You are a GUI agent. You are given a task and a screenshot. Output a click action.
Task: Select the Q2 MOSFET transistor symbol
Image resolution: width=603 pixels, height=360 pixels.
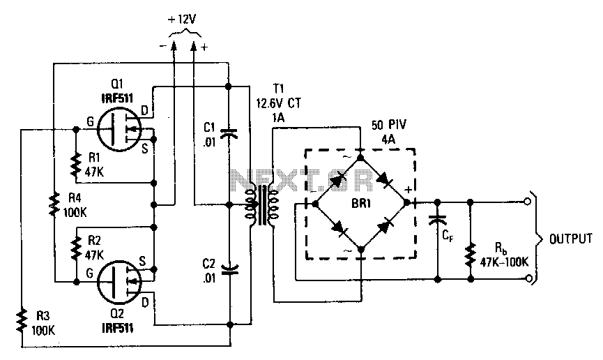pyautogui.click(x=119, y=283)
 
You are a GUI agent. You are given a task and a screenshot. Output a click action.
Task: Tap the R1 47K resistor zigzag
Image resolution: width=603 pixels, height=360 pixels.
pyautogui.click(x=76, y=163)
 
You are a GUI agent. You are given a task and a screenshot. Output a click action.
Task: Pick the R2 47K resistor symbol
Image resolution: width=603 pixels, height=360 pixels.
pyautogui.click(x=77, y=248)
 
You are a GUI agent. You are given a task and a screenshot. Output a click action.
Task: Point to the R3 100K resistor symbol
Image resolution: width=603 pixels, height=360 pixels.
pyautogui.click(x=22, y=320)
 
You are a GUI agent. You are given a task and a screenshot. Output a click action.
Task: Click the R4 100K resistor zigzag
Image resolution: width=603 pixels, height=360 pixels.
pyautogui.click(x=54, y=204)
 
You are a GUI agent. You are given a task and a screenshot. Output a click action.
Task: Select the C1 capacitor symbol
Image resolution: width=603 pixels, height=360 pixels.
pyautogui.click(x=229, y=133)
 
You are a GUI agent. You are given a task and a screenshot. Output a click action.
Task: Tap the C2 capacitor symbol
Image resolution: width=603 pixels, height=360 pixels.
pyautogui.click(x=229, y=269)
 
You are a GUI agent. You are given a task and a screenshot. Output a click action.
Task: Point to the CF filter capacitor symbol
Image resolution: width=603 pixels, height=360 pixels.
pyautogui.click(x=437, y=219)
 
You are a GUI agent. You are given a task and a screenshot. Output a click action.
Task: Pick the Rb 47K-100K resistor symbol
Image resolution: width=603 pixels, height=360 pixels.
pyautogui.click(x=470, y=255)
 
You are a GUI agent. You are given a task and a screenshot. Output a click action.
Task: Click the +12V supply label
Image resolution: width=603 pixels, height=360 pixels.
pyautogui.click(x=181, y=20)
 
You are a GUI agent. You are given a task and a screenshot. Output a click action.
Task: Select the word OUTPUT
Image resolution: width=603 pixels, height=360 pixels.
pyautogui.click(x=571, y=239)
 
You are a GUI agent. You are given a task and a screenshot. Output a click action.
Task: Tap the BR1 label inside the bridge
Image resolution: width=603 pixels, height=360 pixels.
pyautogui.click(x=361, y=204)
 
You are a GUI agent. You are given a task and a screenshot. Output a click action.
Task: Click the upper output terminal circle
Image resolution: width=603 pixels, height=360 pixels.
pyautogui.click(x=528, y=202)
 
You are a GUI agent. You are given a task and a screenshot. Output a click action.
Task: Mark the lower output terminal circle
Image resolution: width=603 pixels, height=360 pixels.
pyautogui.click(x=528, y=278)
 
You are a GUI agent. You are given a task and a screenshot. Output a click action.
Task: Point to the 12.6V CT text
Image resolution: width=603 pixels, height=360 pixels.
pyautogui.click(x=279, y=103)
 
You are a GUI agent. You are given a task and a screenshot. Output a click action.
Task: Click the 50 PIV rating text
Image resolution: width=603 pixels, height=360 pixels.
pyautogui.click(x=389, y=125)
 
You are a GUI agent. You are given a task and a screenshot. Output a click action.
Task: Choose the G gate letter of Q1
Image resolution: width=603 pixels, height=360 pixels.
pyautogui.click(x=90, y=121)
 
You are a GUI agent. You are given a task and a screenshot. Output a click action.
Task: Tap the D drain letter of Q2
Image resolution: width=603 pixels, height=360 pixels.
pyautogui.click(x=145, y=303)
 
